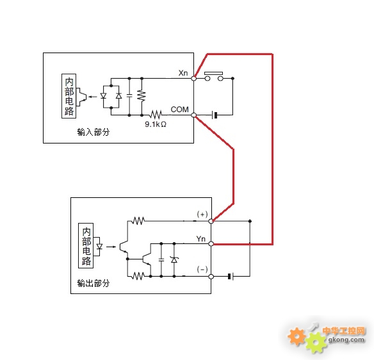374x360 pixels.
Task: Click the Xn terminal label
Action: (x=183, y=73)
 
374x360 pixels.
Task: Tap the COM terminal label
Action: (x=179, y=110)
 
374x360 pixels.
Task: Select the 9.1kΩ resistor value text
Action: (x=156, y=124)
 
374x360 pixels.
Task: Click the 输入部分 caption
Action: (x=93, y=132)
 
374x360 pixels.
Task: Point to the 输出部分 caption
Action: (x=93, y=283)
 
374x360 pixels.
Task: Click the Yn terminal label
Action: (x=201, y=238)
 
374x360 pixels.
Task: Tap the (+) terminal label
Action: (x=202, y=214)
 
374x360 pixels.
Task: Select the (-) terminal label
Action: (x=202, y=269)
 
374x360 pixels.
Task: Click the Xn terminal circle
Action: (x=194, y=78)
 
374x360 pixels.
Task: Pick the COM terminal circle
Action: (x=194, y=115)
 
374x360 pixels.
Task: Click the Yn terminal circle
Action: (x=211, y=243)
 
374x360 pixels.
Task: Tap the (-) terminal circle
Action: (x=211, y=277)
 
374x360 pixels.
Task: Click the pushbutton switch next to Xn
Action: (x=214, y=76)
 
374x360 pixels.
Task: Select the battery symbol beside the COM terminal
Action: (x=215, y=115)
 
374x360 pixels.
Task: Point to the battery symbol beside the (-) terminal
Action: (x=231, y=277)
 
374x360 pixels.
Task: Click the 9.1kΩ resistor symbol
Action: (x=156, y=115)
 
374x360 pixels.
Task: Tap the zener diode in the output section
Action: (x=174, y=260)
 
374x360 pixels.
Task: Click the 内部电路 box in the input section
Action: (x=69, y=96)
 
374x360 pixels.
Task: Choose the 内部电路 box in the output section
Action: (x=86, y=245)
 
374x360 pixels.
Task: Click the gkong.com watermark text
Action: (x=346, y=340)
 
